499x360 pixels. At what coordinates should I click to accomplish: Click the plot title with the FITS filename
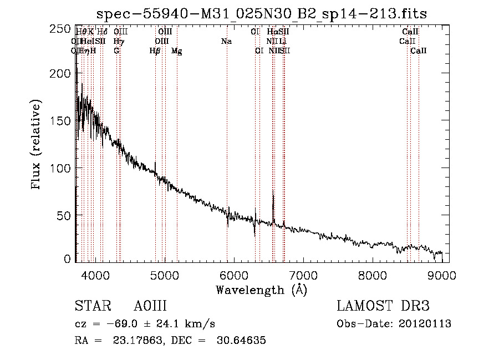pos(262,14)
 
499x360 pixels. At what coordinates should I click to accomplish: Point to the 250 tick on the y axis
pos(64,29)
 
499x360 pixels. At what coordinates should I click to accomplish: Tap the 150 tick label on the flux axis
pos(64,121)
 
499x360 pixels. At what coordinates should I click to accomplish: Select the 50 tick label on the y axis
pos(68,213)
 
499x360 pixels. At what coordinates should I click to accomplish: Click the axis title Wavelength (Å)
pos(261,290)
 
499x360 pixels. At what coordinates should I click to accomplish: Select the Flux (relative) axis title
pos(37,145)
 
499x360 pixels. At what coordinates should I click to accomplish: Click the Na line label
pos(226,42)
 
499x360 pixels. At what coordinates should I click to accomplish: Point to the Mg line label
pos(176,51)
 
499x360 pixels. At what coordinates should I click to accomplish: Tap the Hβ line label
pos(155,51)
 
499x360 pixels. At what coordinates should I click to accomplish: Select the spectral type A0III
pos(150,306)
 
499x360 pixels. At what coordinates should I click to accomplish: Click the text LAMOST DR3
pos(383,306)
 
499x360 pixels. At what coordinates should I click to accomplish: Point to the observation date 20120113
pos(425,323)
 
